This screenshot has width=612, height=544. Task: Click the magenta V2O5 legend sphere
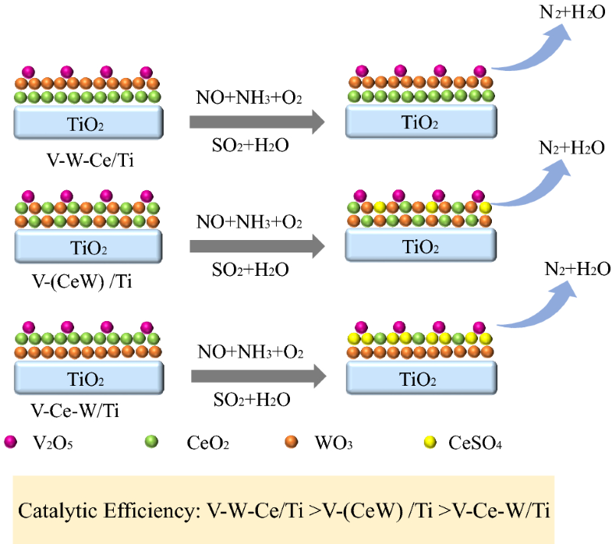(10, 442)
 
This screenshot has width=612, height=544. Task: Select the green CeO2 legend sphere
(151, 442)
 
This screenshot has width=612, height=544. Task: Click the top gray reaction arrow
(256, 122)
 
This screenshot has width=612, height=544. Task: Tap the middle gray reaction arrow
(256, 247)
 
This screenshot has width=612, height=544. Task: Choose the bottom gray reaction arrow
(256, 376)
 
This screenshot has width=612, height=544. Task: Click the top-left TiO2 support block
(88, 122)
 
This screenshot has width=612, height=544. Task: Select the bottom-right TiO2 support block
(419, 376)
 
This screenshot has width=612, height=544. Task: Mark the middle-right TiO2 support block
(419, 247)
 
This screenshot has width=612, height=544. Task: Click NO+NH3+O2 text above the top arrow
(249, 97)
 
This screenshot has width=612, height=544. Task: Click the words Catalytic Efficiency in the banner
(108, 511)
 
